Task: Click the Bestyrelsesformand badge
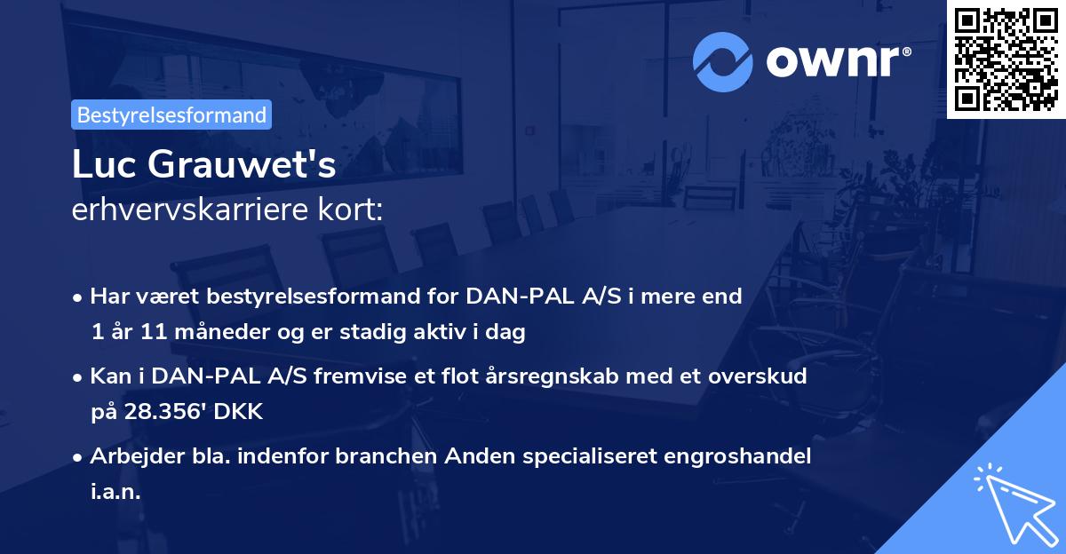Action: point(171,115)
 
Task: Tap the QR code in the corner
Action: point(1006,59)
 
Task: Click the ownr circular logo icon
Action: point(723,62)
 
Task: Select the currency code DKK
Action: point(240,412)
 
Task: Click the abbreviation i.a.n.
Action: point(115,491)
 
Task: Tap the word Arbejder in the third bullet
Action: point(130,455)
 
